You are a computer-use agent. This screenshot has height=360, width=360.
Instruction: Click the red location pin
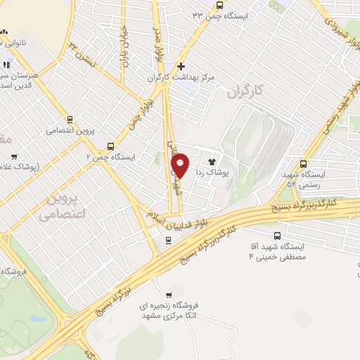181,165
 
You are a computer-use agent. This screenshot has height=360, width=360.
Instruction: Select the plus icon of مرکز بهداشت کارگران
181,65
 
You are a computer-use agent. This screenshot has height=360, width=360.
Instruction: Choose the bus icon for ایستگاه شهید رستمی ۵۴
304,162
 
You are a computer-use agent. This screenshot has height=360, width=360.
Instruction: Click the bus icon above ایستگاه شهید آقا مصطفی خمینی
277,236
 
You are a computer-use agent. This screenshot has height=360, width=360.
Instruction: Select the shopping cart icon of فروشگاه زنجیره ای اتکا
168,295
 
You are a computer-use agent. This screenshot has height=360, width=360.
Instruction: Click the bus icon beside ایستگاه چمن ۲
110,147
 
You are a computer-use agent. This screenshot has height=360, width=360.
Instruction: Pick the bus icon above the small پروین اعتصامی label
70,119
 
